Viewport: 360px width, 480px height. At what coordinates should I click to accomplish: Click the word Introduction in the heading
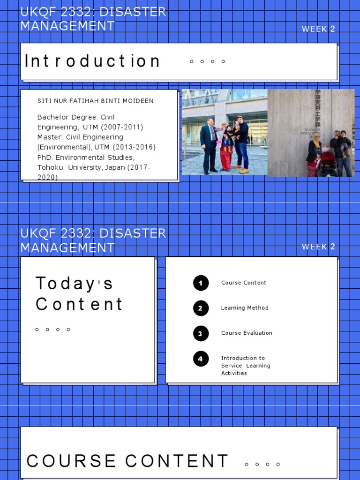[92, 61]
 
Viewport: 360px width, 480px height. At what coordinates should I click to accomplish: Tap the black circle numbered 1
[201, 283]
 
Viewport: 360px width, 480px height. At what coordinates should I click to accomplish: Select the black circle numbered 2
[201, 308]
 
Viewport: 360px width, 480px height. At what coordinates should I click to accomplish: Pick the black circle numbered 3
[201, 333]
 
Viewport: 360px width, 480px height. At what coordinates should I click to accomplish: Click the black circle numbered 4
[201, 359]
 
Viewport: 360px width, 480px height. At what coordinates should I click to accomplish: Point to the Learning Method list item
[245, 308]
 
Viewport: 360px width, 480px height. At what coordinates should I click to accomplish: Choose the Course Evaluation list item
[247, 333]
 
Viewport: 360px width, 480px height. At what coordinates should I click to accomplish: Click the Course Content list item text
[244, 283]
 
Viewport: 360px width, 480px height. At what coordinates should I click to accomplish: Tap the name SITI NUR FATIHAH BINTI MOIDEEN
[95, 101]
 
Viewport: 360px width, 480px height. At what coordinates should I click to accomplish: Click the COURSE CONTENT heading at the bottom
[127, 461]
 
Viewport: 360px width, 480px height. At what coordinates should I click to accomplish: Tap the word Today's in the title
[75, 284]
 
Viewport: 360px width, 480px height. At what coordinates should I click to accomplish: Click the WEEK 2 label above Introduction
[318, 29]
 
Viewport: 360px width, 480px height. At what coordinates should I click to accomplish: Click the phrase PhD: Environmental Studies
[86, 157]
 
